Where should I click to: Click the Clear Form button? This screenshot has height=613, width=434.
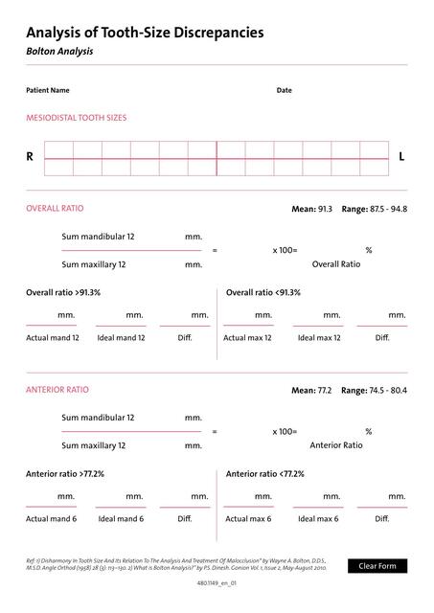click(377, 566)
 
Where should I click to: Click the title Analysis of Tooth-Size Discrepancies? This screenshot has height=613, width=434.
click(145, 33)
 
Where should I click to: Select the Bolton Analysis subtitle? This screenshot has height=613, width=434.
click(59, 52)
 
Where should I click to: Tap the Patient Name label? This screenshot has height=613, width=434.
click(48, 91)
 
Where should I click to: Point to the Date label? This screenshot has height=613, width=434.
click(285, 91)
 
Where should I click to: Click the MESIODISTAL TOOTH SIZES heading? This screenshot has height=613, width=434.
click(76, 118)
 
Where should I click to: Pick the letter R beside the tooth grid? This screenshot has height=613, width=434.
click(30, 156)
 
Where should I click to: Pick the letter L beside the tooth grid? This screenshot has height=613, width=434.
click(401, 156)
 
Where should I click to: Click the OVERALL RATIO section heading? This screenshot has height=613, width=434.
click(55, 208)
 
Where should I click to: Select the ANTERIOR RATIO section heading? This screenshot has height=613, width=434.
click(57, 390)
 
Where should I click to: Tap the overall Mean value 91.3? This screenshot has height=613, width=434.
click(325, 208)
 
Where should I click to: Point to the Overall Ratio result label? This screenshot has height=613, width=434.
click(336, 263)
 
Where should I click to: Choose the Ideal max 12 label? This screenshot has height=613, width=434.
click(319, 337)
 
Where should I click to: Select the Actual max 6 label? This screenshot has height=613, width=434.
click(247, 518)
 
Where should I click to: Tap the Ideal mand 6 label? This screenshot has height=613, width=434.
click(121, 518)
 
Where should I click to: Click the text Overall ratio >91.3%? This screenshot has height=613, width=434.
click(63, 292)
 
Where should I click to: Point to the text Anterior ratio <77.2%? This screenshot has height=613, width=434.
click(265, 473)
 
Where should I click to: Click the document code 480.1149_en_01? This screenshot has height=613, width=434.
click(217, 582)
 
